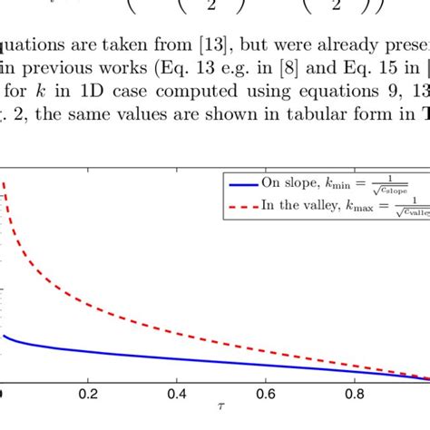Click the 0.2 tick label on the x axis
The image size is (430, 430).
point(88,395)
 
